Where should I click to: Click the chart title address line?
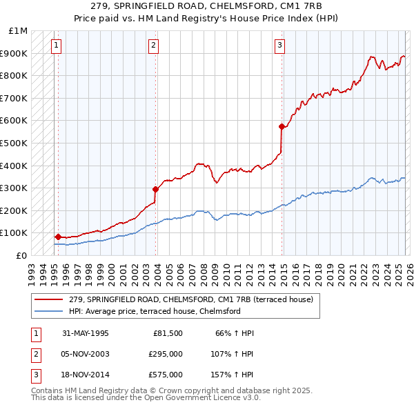207,8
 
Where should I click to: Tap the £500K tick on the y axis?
14,143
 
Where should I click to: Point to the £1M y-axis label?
18,31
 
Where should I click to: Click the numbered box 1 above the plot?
56,46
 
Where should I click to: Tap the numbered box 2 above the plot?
153,46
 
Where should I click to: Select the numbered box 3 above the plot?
279,46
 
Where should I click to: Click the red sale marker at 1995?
58,237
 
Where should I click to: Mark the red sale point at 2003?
155,188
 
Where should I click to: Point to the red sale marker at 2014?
282,126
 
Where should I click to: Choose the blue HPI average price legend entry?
154,311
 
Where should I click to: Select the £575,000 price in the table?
165,375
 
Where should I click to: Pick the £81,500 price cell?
168,333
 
